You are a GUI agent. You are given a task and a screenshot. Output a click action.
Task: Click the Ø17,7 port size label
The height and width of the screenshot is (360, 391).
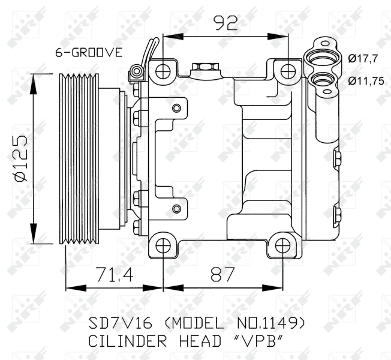pos(364,59)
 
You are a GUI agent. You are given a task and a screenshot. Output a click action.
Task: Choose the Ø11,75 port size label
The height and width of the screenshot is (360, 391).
pos(366,81)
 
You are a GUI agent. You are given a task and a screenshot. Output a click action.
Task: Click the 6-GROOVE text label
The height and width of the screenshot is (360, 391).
pos(89,52)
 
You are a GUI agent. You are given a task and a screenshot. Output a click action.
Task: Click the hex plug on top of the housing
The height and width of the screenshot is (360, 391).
pos(203,67)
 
